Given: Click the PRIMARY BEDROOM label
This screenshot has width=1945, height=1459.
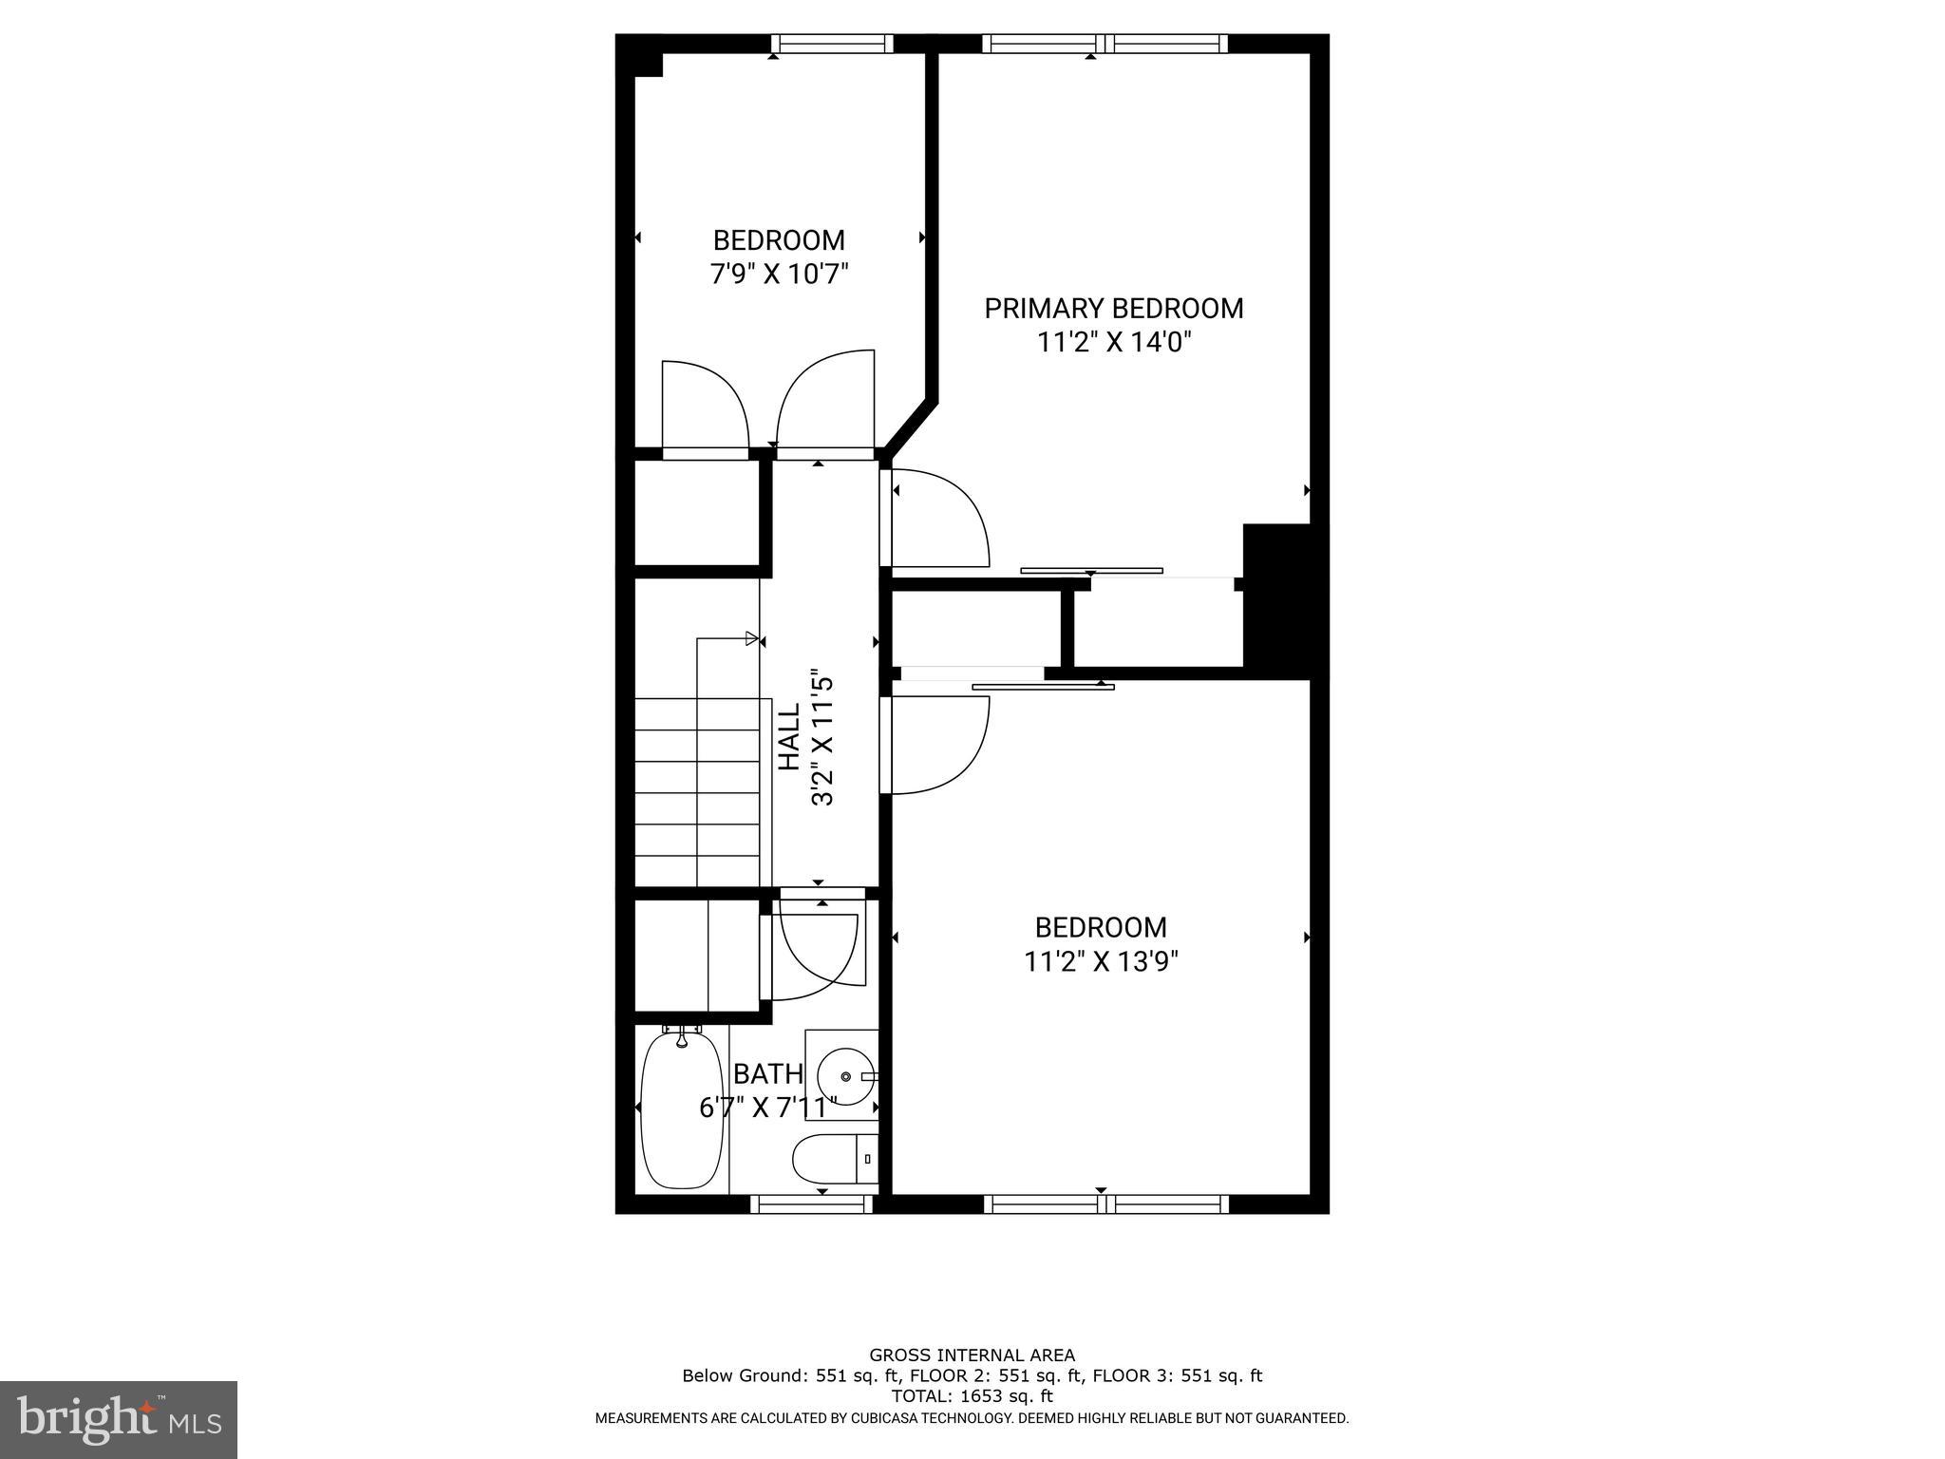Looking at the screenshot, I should tap(1113, 309).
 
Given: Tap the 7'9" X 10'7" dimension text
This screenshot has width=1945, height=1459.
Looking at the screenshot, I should tap(779, 275).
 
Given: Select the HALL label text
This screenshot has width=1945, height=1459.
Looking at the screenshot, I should tap(789, 736).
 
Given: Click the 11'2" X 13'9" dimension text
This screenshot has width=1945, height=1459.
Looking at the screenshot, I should tap(1101, 962).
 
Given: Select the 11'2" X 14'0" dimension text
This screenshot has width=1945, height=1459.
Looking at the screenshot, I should tap(1113, 342).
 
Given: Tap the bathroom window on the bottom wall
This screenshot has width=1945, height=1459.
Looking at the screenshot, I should tap(811, 1204).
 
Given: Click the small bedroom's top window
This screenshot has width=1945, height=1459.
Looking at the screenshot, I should tap(832, 44).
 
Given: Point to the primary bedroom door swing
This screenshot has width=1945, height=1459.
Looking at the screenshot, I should tap(940, 519).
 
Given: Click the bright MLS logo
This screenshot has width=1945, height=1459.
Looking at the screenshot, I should tap(119, 1419).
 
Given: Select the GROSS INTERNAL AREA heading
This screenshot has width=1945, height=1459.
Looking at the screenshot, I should tap(972, 1355).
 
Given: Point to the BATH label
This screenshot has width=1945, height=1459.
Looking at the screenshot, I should tap(768, 1074).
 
